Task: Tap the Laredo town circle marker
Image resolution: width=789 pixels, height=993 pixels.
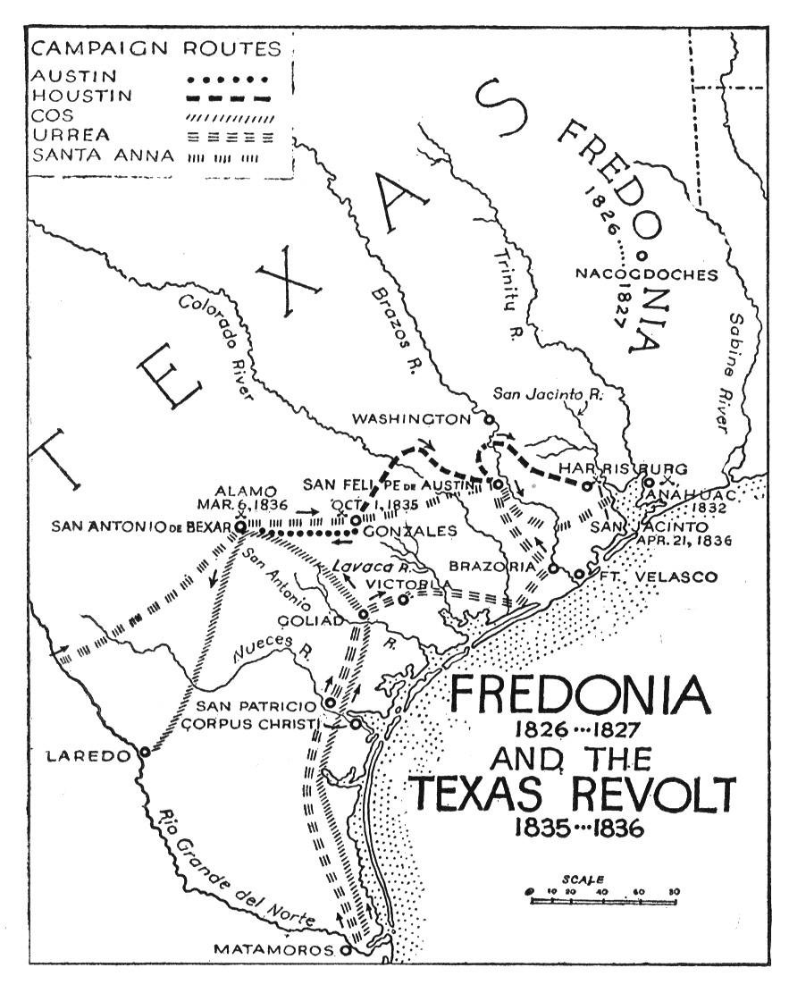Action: (x=145, y=752)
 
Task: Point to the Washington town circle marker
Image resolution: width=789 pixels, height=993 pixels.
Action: (x=489, y=418)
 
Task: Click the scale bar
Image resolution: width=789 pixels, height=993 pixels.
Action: (x=604, y=901)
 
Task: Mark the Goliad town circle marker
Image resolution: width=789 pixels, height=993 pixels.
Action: (x=364, y=615)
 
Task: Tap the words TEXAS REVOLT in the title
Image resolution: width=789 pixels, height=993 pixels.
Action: (x=572, y=793)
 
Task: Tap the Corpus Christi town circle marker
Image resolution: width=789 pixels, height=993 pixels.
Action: (x=355, y=724)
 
